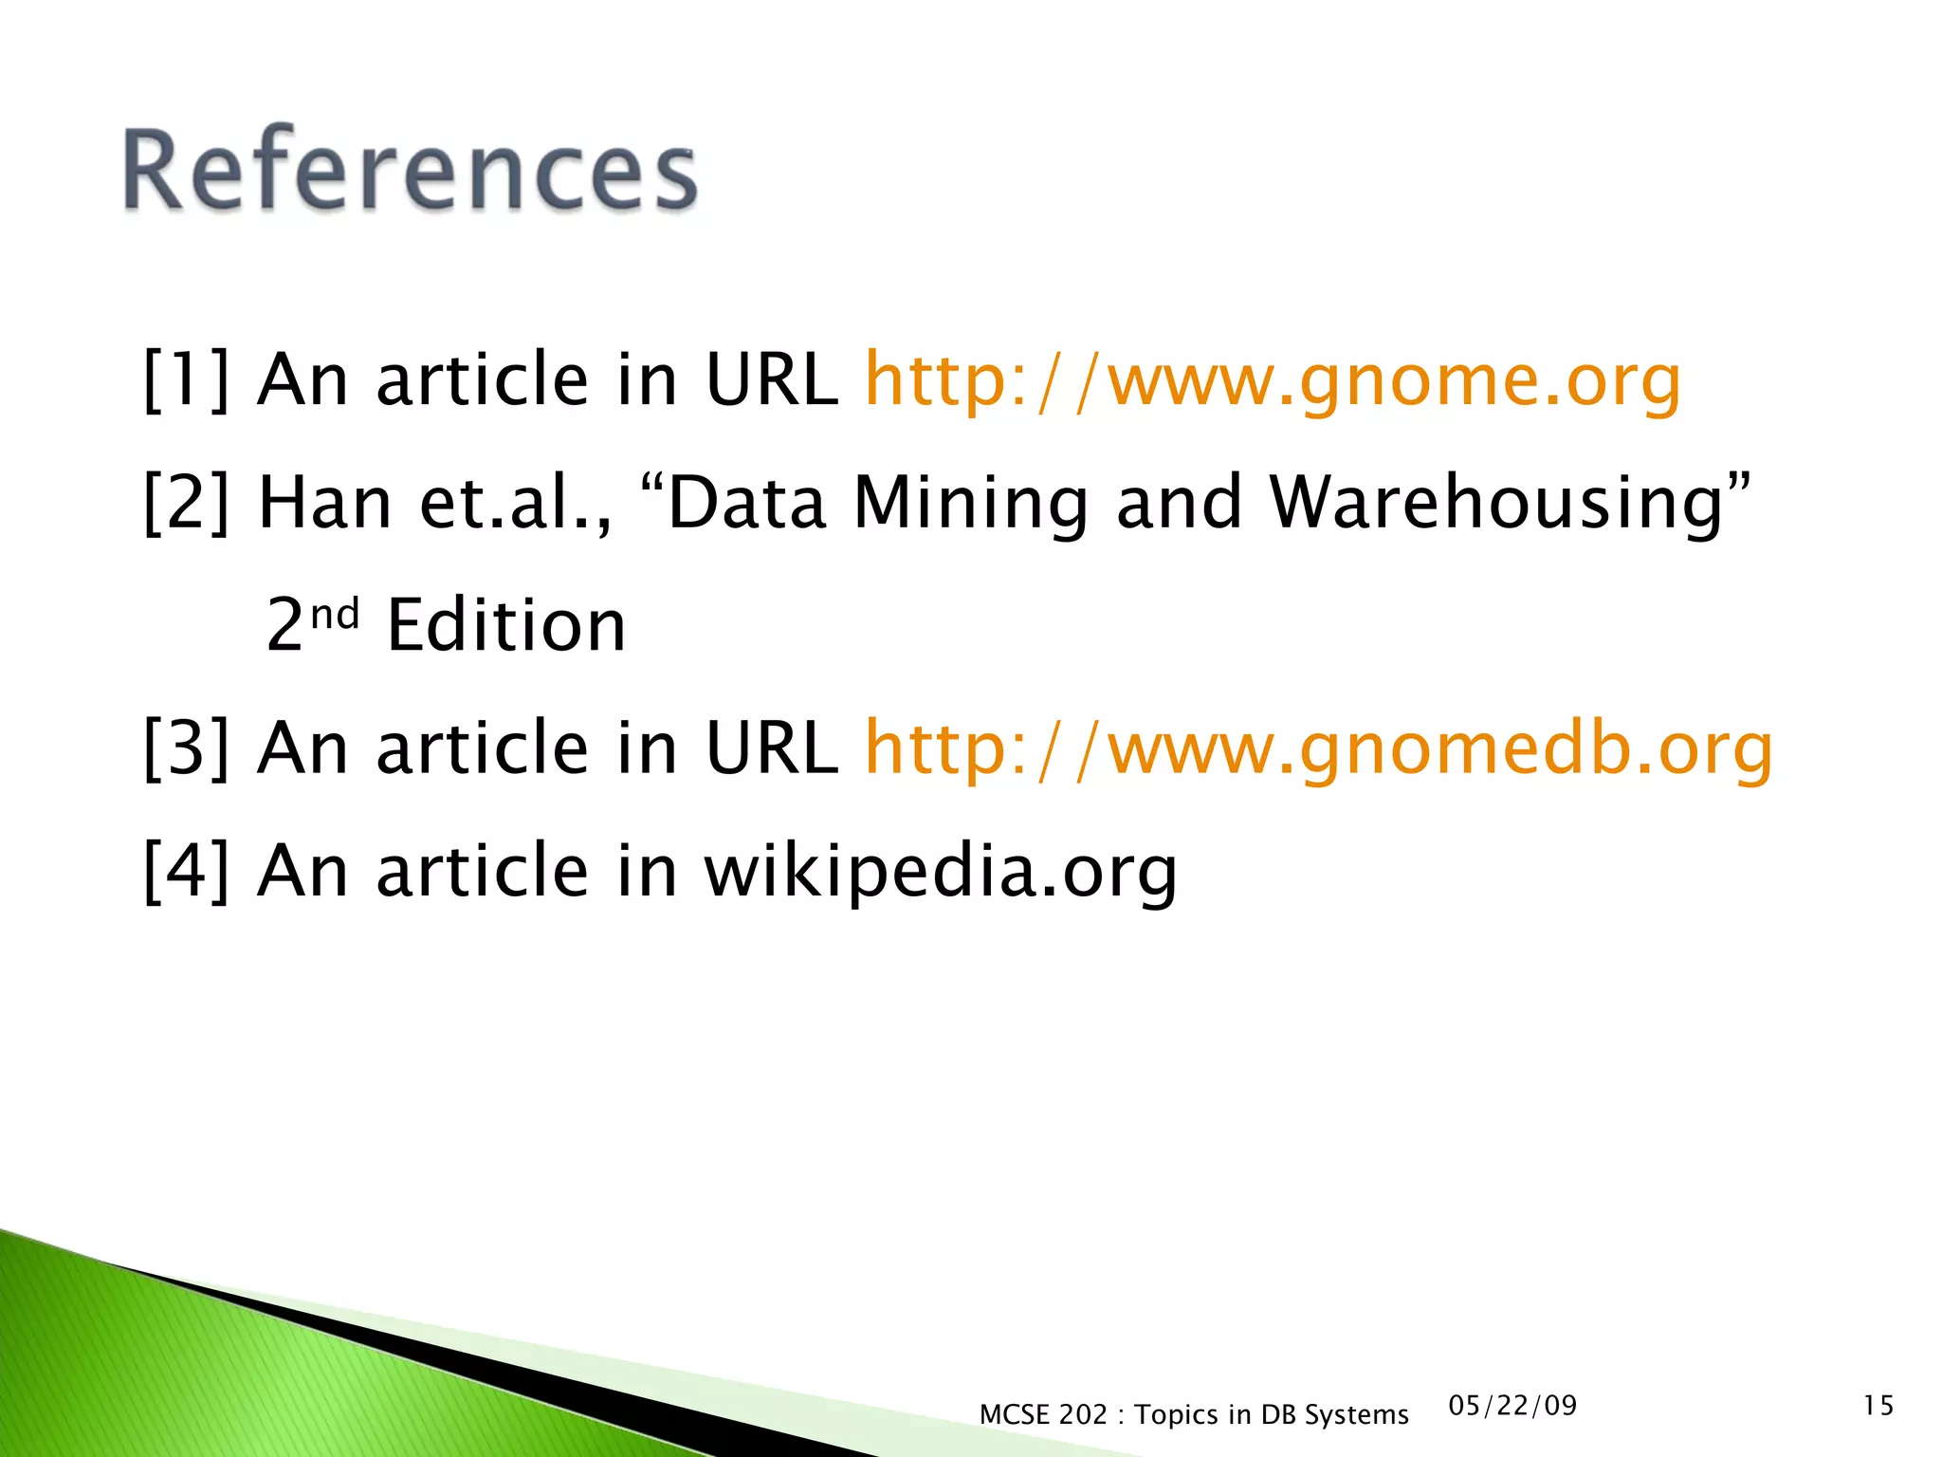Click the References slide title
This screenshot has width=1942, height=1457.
(410, 171)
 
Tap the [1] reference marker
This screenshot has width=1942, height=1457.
(186, 379)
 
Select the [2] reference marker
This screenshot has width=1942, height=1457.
(186, 503)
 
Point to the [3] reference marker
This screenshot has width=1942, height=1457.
(186, 748)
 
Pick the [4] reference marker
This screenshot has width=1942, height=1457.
(186, 871)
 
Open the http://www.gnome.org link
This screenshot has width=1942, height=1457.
(1273, 379)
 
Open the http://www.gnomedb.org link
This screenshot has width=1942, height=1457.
(1318, 748)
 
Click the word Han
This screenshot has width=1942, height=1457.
(325, 503)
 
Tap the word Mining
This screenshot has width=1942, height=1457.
(971, 503)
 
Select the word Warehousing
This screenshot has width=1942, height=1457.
(1496, 503)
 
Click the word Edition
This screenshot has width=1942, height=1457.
(506, 626)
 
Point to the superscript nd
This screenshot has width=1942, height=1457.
(335, 615)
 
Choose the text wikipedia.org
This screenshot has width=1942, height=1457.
(940, 871)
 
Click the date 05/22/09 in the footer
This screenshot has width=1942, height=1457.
(1512, 1406)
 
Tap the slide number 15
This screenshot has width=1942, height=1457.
(1878, 1406)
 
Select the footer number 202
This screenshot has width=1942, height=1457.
(1083, 1415)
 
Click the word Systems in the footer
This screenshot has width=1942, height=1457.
(1356, 1415)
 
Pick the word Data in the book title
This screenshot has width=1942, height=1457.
(746, 503)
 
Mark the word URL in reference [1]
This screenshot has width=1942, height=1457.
(771, 379)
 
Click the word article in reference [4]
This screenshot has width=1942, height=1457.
(483, 871)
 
